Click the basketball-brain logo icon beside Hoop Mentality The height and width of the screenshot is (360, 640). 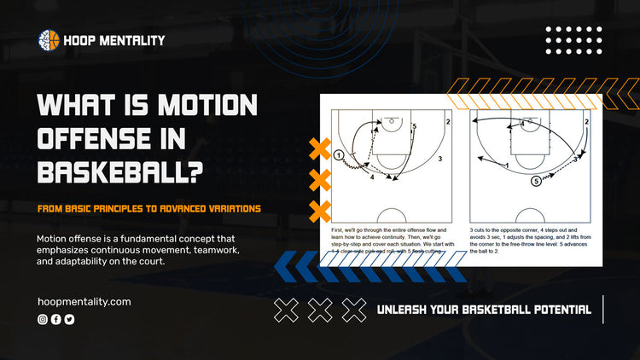[x=49, y=39]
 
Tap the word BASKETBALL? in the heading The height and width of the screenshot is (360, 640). [x=120, y=173]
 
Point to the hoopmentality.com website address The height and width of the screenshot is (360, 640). [x=84, y=301]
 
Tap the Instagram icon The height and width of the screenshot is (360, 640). [x=43, y=319]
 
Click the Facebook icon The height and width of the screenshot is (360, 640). [x=56, y=319]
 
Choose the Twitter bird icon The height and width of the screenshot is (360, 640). [x=69, y=319]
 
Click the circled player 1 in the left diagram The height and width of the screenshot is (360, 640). [x=339, y=155]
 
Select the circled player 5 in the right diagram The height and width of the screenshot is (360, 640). [x=536, y=181]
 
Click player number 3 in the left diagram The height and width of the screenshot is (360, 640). [x=439, y=159]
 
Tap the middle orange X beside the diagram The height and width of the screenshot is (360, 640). [x=320, y=180]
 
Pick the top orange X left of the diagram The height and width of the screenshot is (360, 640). [x=320, y=150]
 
